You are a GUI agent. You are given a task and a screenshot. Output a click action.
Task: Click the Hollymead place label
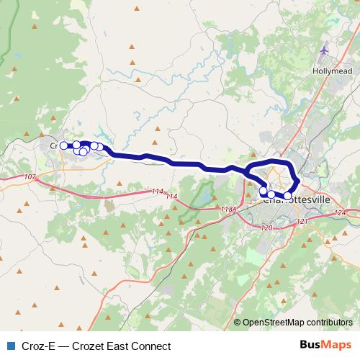(330, 72)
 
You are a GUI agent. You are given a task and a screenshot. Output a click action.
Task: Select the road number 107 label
(30, 177)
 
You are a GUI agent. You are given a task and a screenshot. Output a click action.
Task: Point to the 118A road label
(228, 210)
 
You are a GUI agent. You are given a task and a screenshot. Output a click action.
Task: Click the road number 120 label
(267, 228)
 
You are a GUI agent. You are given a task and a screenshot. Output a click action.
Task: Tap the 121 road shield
(302, 222)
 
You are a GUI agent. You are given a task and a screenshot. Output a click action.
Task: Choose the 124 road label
(341, 213)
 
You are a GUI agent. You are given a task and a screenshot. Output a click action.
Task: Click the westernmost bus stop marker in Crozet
(63, 145)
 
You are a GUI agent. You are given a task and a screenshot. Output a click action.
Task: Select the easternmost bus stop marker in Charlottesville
(288, 195)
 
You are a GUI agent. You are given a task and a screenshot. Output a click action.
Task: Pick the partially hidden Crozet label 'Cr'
(53, 145)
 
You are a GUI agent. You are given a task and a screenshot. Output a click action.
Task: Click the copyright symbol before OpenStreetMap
(238, 323)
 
